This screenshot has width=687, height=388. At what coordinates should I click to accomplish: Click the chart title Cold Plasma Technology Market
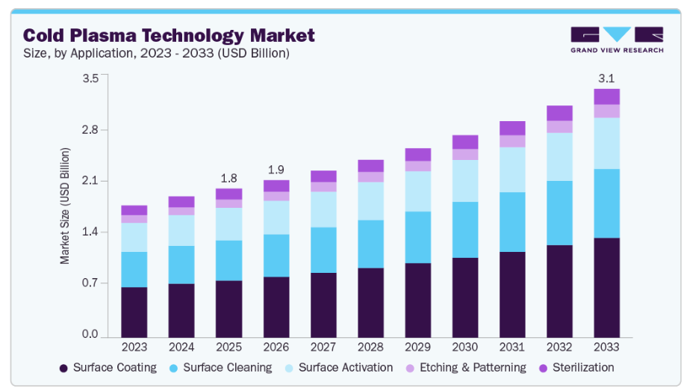tap(169, 35)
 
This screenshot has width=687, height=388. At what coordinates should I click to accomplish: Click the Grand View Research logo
tap(616, 40)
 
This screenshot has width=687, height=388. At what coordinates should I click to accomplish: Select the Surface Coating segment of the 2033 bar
tap(606, 287)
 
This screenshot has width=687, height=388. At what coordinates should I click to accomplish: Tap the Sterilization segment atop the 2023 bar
tap(134, 210)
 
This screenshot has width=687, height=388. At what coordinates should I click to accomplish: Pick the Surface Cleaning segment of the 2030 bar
tap(464, 230)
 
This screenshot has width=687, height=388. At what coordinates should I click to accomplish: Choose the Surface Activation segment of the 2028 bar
tap(370, 201)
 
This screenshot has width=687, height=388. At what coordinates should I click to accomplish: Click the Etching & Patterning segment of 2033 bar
tap(606, 111)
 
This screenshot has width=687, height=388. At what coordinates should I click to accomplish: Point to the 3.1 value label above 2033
tap(606, 78)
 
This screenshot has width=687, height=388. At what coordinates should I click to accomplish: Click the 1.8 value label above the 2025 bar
tap(229, 178)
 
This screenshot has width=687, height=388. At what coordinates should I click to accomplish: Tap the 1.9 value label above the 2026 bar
tap(276, 170)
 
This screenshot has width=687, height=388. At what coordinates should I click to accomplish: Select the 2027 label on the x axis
tap(323, 347)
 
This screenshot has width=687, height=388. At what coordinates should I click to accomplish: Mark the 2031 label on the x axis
tap(512, 347)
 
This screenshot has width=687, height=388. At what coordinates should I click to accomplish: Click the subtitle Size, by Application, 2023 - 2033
tap(156, 54)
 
